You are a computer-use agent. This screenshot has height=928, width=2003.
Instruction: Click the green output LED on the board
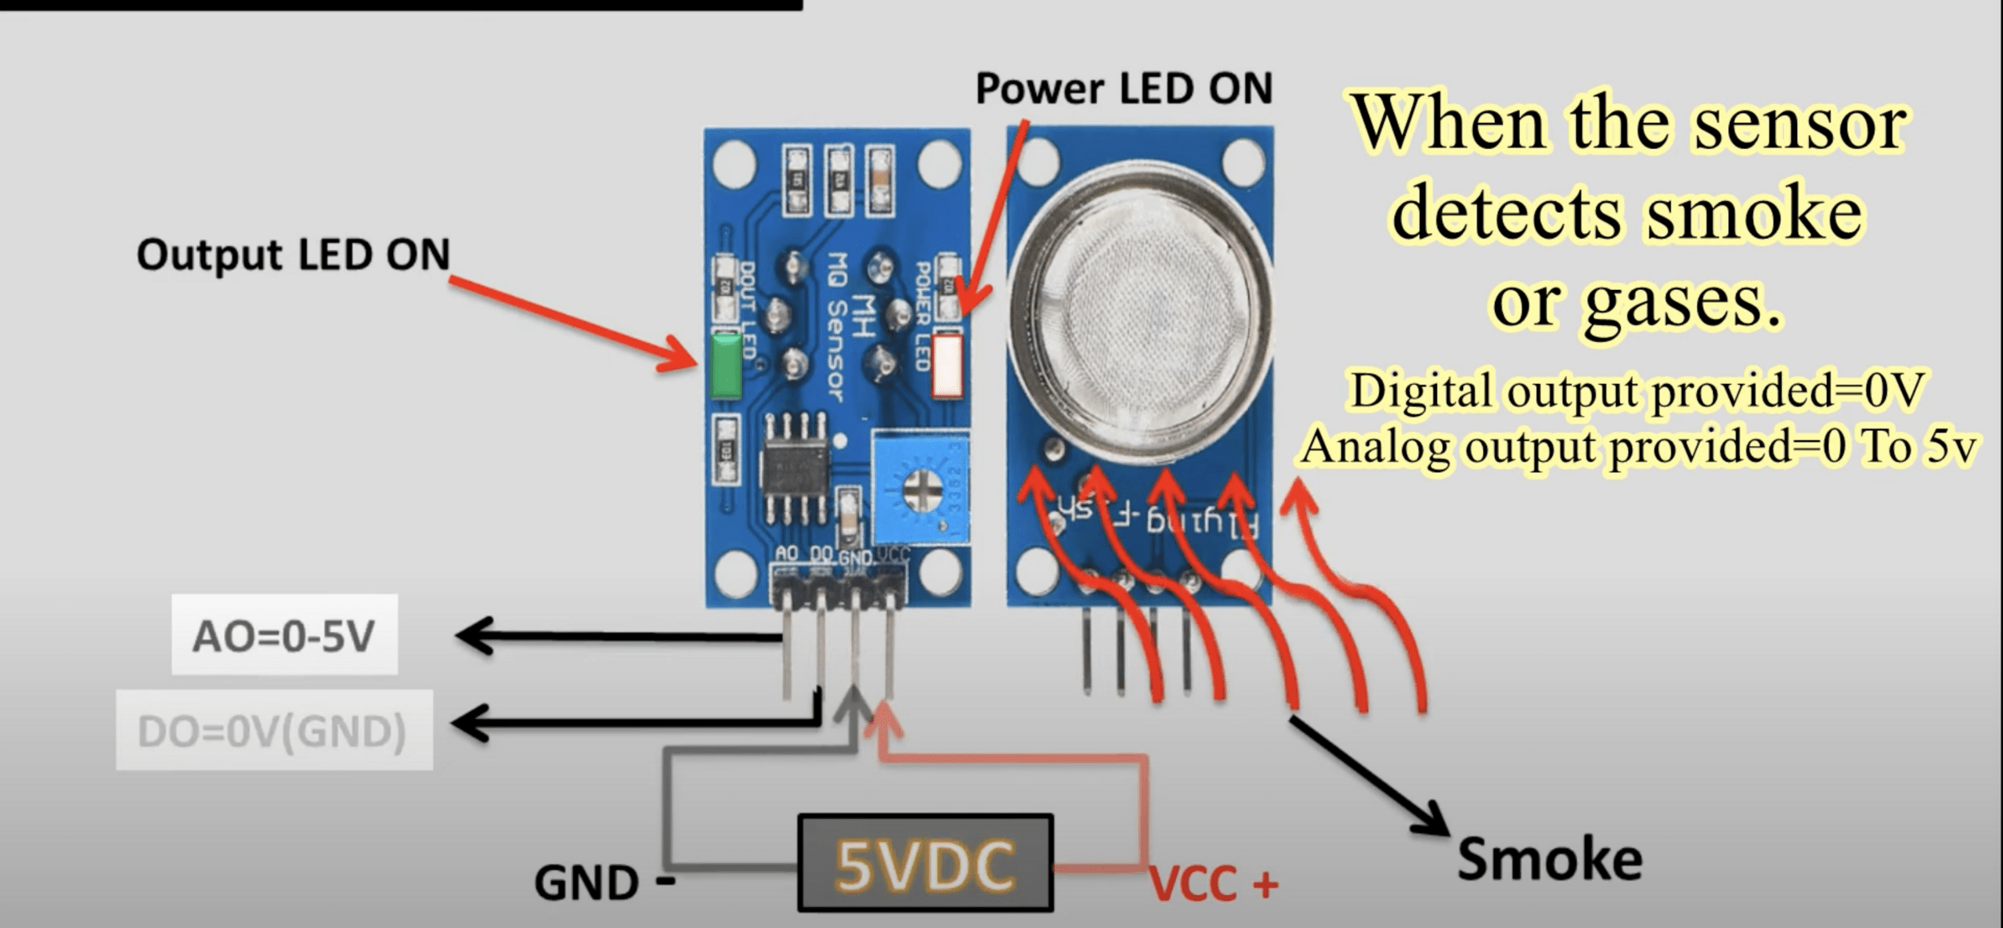coord(726,366)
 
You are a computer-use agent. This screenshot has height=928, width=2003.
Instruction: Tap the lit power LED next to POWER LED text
coord(947,366)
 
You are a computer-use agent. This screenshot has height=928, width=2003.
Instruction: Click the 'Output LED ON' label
coord(293,255)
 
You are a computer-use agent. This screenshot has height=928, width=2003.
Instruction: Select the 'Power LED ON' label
coord(1123,88)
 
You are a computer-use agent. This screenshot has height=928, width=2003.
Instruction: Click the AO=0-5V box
coord(284,635)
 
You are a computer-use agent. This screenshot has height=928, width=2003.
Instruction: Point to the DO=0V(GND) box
coord(274,731)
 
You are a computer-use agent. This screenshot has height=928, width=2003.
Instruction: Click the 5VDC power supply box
coord(925,863)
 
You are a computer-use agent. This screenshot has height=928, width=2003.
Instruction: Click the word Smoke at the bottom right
coord(1550,859)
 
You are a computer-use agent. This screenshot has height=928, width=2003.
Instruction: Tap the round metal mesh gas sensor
coord(1139,313)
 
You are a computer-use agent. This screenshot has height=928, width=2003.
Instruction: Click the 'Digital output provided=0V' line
coord(1636,391)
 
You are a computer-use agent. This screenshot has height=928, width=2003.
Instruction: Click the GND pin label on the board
coord(856,555)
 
